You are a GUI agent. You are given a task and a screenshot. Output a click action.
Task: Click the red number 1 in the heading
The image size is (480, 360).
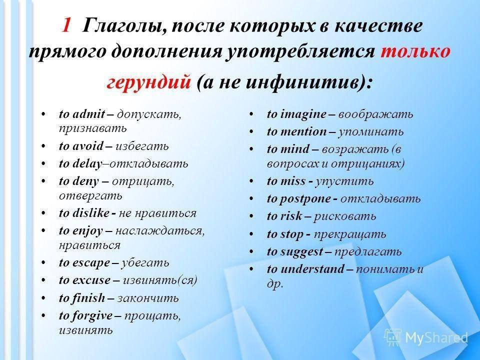pos(66,25)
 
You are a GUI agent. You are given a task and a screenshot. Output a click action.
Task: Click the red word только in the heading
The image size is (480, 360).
pos(415,51)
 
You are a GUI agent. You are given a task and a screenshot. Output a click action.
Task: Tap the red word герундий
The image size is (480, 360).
pos(149,81)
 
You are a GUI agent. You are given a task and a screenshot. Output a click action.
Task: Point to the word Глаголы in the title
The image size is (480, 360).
pos(124,25)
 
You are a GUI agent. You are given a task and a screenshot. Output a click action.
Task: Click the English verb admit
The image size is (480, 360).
pos(89,114)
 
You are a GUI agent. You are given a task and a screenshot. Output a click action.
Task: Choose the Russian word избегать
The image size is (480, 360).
pos(142,146)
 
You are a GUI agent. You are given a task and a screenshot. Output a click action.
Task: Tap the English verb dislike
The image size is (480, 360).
pos(91,213)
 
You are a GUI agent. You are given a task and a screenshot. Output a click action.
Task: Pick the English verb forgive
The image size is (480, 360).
pos(92,316)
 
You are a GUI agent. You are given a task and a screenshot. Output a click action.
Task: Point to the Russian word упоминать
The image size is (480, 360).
pos(371,132)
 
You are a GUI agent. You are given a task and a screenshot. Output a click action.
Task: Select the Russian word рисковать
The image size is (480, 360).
pos(345,216)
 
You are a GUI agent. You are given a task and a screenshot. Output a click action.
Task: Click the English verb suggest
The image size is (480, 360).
pos(301,252)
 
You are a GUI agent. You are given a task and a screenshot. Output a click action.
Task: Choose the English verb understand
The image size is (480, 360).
pos(312,269)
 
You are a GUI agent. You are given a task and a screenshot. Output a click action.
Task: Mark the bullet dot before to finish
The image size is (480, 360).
pos(44,298)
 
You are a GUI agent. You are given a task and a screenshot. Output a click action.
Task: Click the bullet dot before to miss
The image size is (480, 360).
pos(251,181)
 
